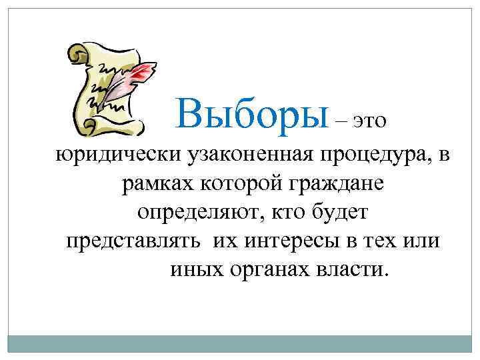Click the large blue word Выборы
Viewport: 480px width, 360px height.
click(x=253, y=113)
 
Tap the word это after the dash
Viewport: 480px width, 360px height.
click(x=370, y=121)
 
